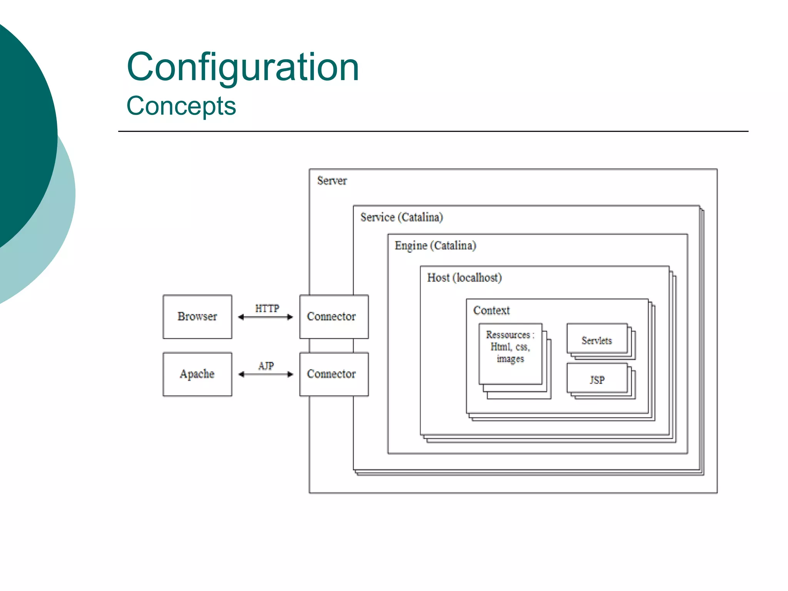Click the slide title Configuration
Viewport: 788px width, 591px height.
pos(243,67)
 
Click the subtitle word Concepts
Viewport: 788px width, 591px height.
pos(181,106)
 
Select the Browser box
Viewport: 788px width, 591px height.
pos(197,317)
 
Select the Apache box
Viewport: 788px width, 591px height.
pos(197,374)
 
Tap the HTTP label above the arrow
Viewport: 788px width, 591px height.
pos(267,309)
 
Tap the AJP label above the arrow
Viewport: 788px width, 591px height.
pos(266,366)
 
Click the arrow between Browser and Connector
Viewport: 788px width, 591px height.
pos(265,317)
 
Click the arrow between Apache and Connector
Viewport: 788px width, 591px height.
pos(265,374)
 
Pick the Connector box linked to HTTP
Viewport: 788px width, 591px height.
pos(334,317)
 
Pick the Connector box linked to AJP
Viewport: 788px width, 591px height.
pos(334,374)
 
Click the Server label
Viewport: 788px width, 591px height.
pos(332,181)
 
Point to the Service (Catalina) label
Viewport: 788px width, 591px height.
pos(401,217)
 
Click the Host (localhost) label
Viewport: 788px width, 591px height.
pos(464,278)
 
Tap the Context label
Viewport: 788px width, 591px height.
pos(491,311)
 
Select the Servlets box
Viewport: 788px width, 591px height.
pos(597,340)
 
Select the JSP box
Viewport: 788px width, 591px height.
pos(597,380)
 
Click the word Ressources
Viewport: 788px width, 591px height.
pos(508,335)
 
